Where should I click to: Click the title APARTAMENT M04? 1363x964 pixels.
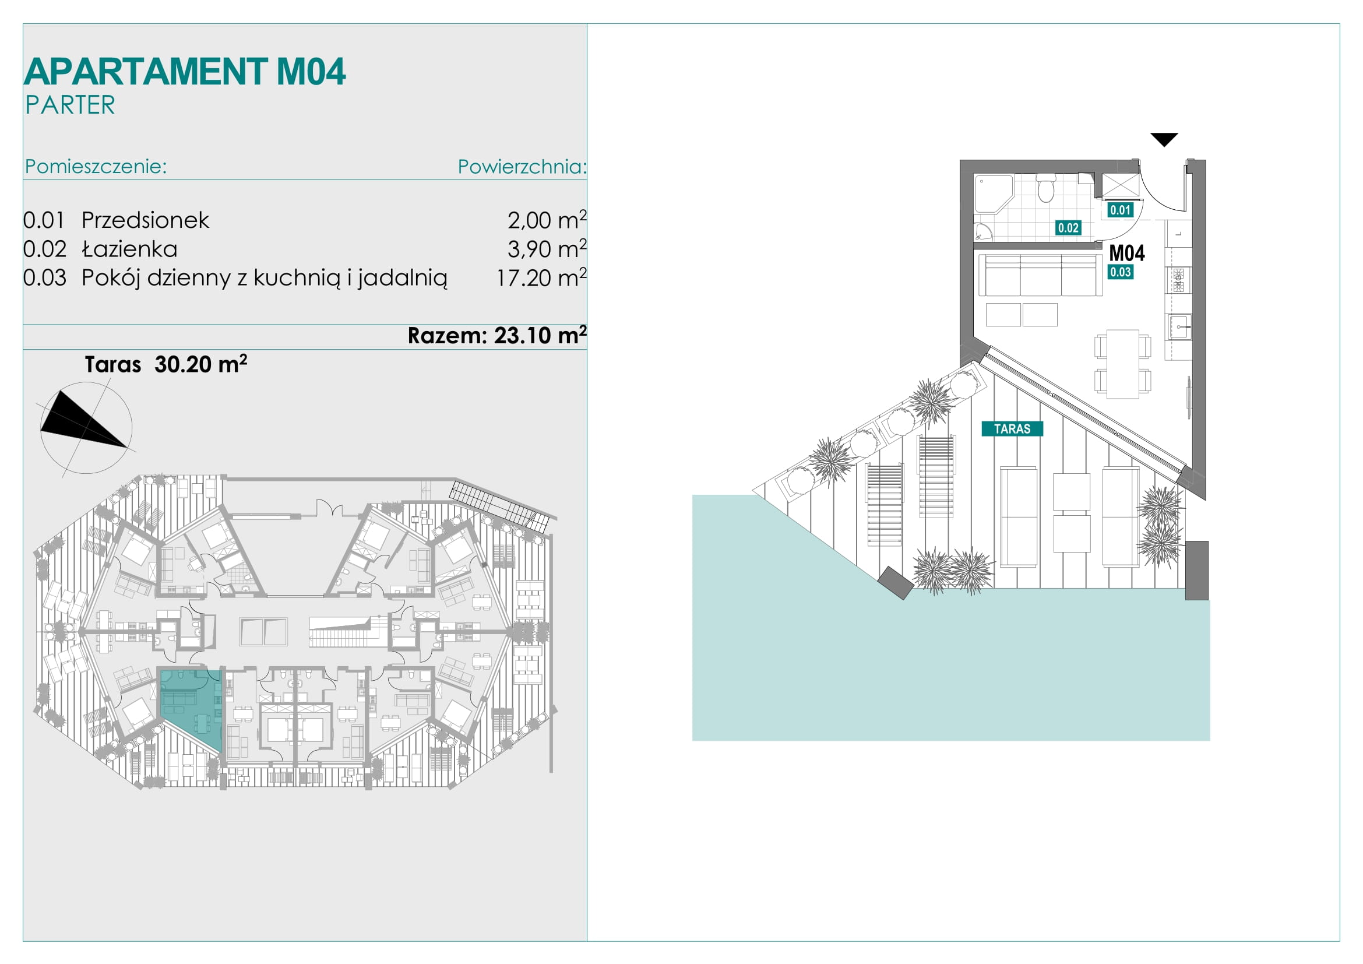(185, 72)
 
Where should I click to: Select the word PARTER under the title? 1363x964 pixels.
(70, 105)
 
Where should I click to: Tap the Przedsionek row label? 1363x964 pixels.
(145, 220)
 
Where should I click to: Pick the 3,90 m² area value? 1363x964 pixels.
(547, 248)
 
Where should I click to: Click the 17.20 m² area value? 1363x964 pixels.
(541, 277)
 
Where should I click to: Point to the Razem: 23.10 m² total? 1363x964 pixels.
(497, 335)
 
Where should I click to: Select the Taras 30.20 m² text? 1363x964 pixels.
(165, 364)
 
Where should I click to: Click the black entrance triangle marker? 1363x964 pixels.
(1164, 139)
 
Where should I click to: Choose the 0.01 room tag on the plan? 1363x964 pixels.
(1120, 210)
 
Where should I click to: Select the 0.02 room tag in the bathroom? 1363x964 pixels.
(1068, 227)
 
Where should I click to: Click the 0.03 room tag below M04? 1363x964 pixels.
(1120, 272)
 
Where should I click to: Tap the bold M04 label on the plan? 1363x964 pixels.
(1127, 253)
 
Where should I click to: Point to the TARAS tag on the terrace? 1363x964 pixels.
(1012, 428)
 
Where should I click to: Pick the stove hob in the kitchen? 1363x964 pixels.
(1178, 280)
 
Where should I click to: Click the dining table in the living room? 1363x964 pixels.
(1122, 364)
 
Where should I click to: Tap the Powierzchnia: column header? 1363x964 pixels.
(522, 167)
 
